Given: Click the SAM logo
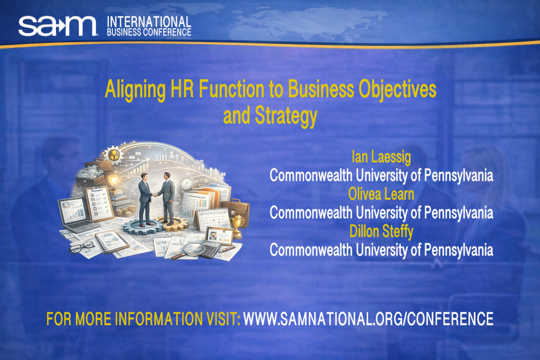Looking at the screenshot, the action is (x=58, y=26).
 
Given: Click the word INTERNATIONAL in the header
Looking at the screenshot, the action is (x=149, y=22).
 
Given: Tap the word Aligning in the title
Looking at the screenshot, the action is (x=135, y=90).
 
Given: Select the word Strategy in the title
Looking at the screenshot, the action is (x=286, y=116).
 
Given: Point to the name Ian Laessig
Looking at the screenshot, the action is (x=381, y=157).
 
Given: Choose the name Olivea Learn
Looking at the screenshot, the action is (x=381, y=195).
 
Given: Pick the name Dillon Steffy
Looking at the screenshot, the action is (x=381, y=232).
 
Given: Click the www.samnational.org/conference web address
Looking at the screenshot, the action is (x=368, y=319).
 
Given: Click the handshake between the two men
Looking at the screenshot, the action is (x=155, y=195).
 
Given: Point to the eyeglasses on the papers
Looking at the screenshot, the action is (x=82, y=246).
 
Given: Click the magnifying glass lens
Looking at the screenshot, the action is (x=193, y=248).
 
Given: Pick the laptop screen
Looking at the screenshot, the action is (x=73, y=210).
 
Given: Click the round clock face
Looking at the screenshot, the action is (x=187, y=183).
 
